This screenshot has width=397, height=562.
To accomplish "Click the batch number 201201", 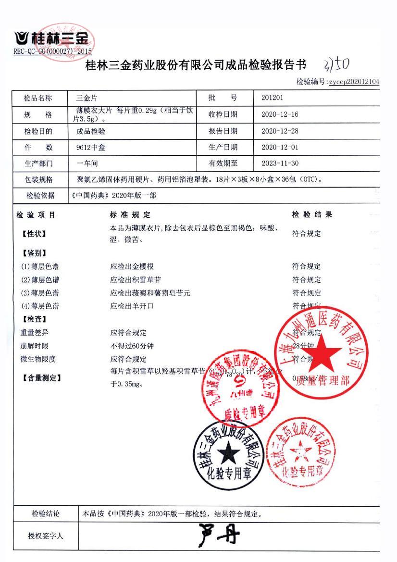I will coord(272,98).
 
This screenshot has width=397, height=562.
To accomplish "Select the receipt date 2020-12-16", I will coord(280,114).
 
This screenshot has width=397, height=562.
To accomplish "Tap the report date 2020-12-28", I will coord(280,131).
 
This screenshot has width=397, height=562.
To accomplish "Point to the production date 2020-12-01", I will coord(280,147).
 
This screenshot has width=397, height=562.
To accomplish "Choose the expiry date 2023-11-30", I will coord(280,163).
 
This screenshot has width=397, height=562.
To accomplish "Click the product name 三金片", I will coord(87,98).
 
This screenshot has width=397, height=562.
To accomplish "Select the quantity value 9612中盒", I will coord(91,148).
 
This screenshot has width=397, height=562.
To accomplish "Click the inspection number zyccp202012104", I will coord(354,82).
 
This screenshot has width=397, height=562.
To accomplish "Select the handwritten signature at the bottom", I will coord(219,535).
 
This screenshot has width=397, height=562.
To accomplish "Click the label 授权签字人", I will coord(46,535).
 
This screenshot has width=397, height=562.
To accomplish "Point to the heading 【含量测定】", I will coord(42,378).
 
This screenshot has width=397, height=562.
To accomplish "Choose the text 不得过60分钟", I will coord(132,346).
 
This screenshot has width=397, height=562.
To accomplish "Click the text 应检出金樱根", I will coord(132,266).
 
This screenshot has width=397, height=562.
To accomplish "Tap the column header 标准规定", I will coord(130,215).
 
